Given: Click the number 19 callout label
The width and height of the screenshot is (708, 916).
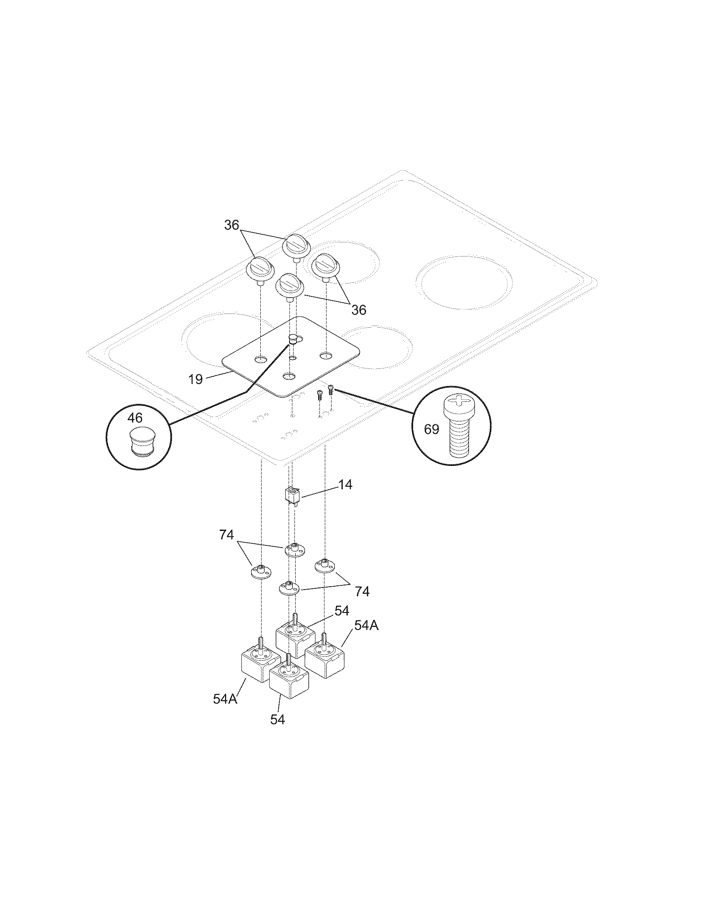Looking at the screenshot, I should tap(195, 379).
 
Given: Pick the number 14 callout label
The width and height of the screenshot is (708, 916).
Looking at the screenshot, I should tap(345, 485).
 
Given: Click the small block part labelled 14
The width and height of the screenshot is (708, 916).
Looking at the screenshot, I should tap(293, 495).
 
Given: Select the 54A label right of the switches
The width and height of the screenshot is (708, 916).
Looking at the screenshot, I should tap(366, 637).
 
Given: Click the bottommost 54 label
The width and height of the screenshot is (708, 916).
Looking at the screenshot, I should tap(278, 720).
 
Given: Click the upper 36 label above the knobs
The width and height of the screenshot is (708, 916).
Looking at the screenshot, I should tap(231, 225).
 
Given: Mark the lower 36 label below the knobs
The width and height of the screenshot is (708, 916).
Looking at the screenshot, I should tap(359, 310).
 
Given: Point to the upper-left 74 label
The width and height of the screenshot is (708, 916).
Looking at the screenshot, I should tap(226, 535).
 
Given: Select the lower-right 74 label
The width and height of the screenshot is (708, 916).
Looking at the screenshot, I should tap(362, 591).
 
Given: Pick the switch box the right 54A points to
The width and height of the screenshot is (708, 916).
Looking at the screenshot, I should tap(324, 661).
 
